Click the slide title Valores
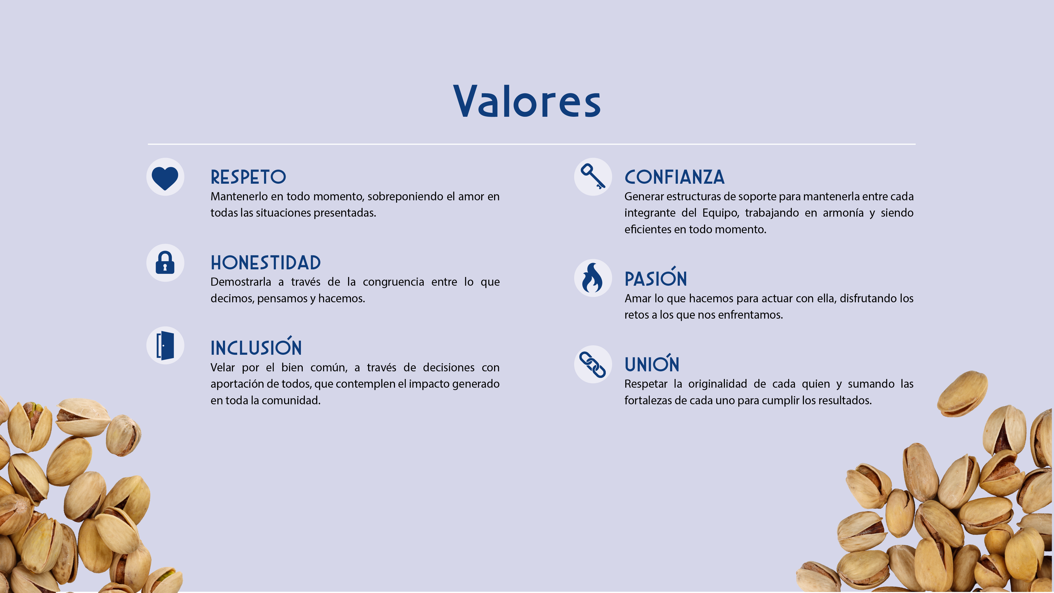pos(527,101)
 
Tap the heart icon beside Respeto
pos(165,178)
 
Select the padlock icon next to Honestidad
pos(165,262)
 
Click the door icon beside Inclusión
pos(165,345)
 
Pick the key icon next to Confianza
pos(593,177)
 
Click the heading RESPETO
pos(248,177)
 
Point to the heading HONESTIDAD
pos(265,263)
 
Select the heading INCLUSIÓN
pos(256,346)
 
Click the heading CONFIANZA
pos(674,177)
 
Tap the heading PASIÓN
pos(655,277)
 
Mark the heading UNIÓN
pos(652,363)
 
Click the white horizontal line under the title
pos(531,144)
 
